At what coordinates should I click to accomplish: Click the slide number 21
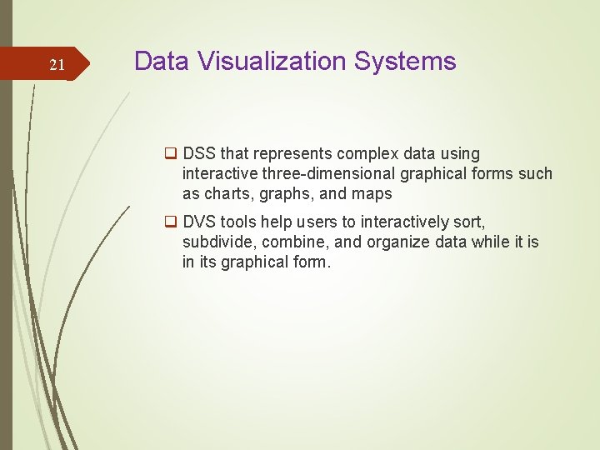point(57,65)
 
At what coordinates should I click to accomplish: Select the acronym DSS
point(199,154)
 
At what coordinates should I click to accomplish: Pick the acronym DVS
point(199,222)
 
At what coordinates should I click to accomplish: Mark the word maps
point(374,194)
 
